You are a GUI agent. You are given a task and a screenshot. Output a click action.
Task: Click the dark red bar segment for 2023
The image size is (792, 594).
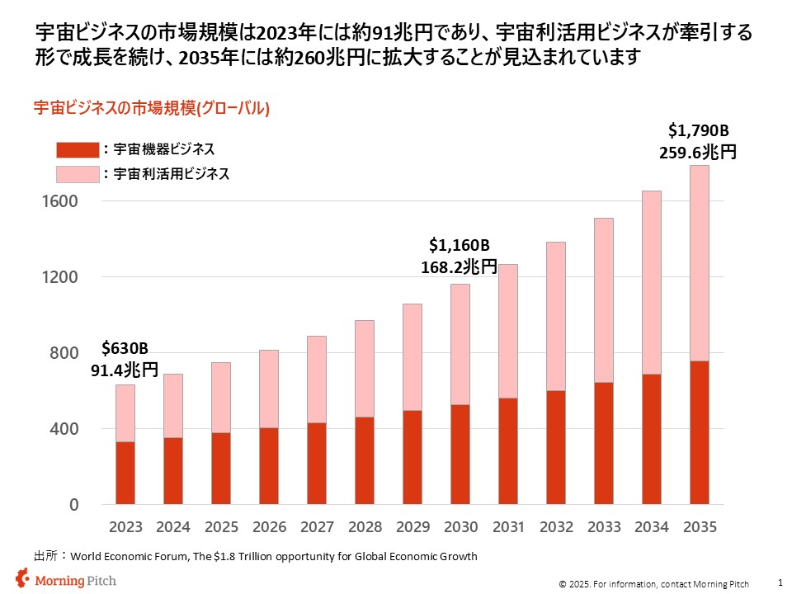(125, 473)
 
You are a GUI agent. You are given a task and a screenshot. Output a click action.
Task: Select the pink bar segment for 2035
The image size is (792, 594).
(700, 263)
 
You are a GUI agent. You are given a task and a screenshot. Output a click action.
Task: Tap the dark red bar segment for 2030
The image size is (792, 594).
(460, 455)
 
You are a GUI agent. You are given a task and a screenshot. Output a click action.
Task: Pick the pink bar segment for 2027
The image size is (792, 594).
(317, 379)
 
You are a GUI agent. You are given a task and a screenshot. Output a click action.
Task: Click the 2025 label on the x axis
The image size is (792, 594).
(221, 526)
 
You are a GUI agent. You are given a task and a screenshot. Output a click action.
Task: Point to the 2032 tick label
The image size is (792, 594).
(556, 526)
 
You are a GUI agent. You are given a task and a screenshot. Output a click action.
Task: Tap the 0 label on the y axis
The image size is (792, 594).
(73, 505)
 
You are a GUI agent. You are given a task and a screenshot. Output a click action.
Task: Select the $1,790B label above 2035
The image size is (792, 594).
(699, 130)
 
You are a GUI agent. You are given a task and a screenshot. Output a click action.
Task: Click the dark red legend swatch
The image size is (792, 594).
(78, 149)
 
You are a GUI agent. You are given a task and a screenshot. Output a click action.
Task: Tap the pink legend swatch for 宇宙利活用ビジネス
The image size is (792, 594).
(78, 174)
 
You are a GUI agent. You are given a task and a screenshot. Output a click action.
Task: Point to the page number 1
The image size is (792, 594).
(780, 582)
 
